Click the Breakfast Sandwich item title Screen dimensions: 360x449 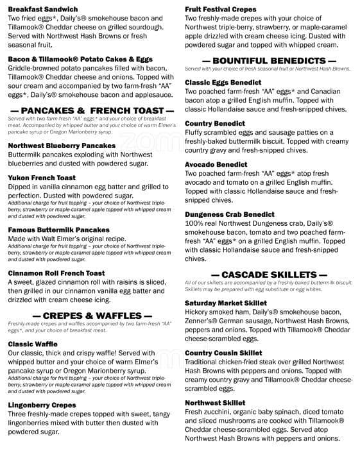pyautogui.click(x=43, y=10)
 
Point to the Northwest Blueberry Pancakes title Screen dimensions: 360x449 pyautogui.click(x=62, y=146)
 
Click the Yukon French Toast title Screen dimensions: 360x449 pyautogui.click(x=42, y=178)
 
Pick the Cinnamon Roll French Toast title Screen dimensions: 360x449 pyautogui.click(x=56, y=273)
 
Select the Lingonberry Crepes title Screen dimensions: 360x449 pyautogui.click(x=42, y=405)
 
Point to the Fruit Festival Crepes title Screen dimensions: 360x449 pyautogui.click(x=221, y=10)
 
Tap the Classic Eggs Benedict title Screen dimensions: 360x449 pyautogui.click(x=223, y=83)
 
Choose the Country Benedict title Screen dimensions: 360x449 pyautogui.click(x=215, y=123)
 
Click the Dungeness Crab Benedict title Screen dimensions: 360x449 pyautogui.click(x=230, y=214)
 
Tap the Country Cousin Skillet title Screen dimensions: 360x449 pyautogui.click(x=223, y=353)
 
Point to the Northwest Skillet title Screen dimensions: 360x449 pyautogui.click(x=215, y=402)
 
